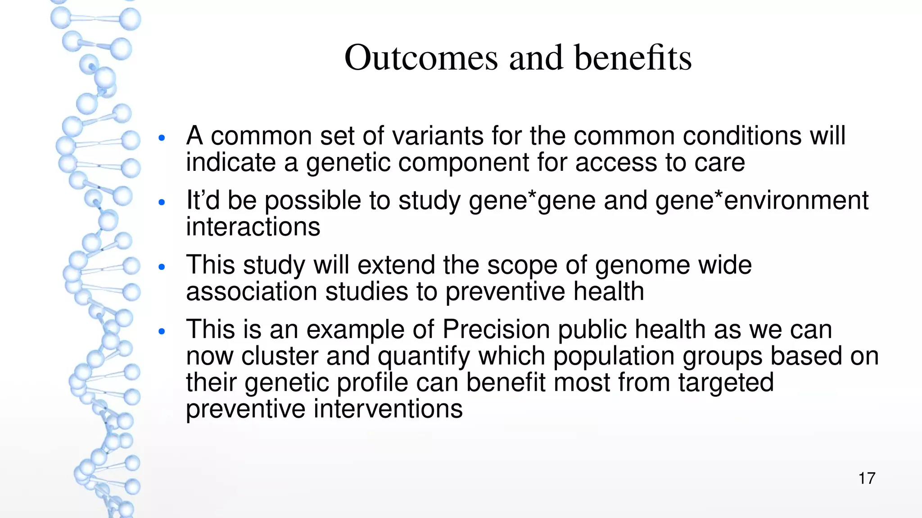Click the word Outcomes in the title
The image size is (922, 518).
[x=421, y=58]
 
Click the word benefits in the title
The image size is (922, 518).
[x=633, y=58]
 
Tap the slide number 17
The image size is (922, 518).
[x=867, y=478]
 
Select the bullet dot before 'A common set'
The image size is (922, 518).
[x=163, y=138]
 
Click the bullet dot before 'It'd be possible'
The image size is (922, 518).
[x=163, y=202]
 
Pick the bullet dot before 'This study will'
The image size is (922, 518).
[x=163, y=267]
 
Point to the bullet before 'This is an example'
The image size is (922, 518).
[x=163, y=332]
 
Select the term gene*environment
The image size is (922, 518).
[x=762, y=200]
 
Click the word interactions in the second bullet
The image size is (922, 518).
[x=253, y=227]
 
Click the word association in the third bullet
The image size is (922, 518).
[x=252, y=291]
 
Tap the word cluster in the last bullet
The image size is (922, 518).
[x=280, y=356]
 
